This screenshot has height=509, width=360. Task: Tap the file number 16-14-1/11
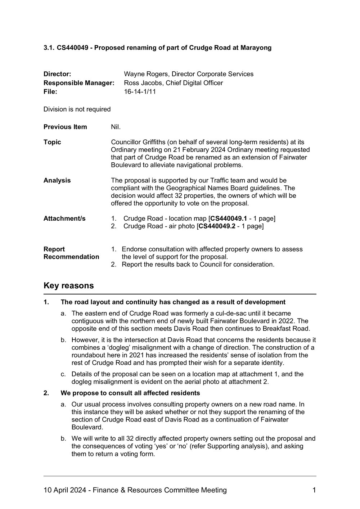[140, 92]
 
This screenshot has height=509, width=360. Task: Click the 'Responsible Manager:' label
[79, 83]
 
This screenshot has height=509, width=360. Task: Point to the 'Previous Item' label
[65, 127]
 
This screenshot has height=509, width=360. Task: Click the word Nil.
[116, 127]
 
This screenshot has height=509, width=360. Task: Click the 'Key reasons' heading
[68, 286]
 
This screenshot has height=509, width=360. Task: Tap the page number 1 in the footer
[314, 490]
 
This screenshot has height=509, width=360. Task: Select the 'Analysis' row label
[57, 180]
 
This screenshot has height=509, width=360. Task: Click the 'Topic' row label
[52, 142]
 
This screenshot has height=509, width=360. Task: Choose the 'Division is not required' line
[77, 109]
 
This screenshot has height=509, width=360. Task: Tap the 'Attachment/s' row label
[64, 219]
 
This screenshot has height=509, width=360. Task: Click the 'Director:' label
[57, 74]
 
